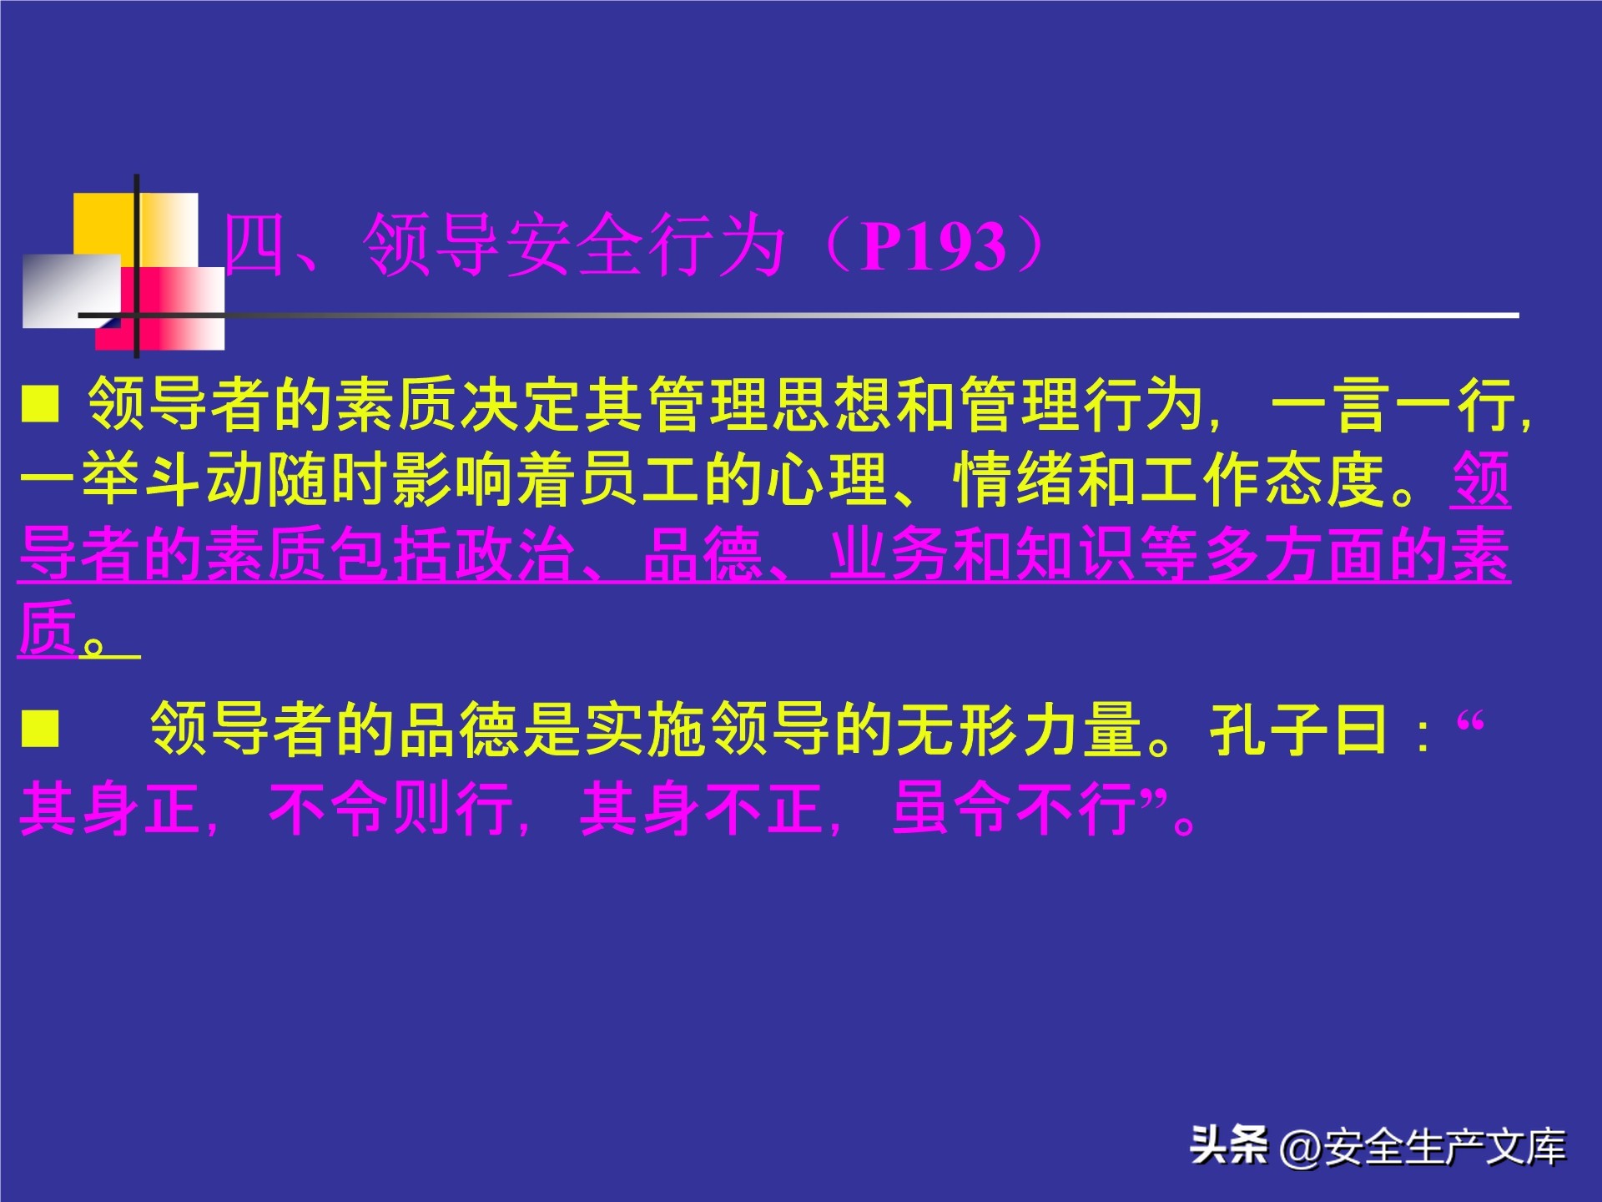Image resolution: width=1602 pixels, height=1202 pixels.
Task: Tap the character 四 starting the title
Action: [254, 245]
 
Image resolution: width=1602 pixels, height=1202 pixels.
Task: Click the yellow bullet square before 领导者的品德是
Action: [40, 728]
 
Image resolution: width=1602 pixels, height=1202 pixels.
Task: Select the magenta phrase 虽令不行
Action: [1015, 809]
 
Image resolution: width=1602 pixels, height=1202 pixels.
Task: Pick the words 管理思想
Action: [772, 405]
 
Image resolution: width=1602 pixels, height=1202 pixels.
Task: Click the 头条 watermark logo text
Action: [1228, 1145]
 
